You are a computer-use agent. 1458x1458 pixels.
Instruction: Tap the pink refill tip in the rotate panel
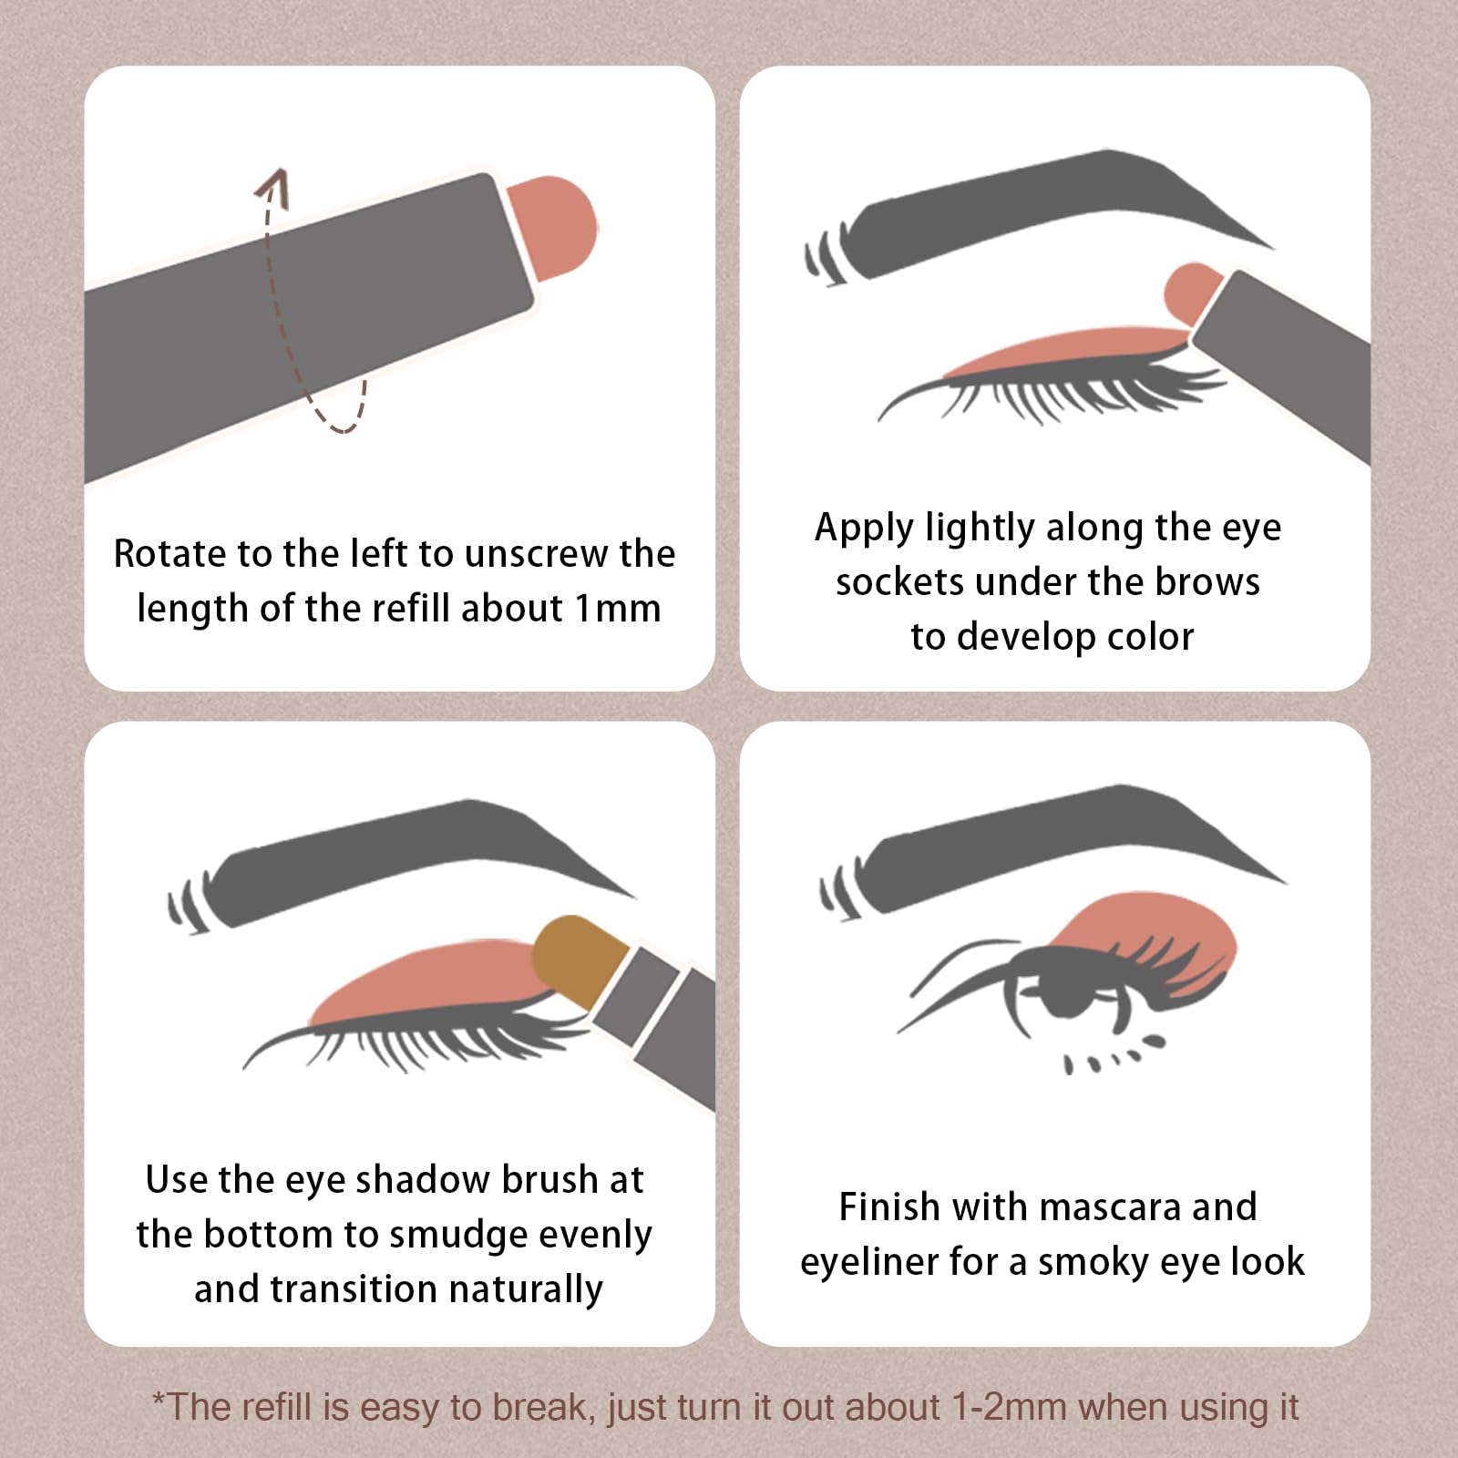553,227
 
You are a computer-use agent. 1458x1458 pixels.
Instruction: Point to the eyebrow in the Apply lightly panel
1039,214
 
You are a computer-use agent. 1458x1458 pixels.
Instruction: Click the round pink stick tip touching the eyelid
1194,294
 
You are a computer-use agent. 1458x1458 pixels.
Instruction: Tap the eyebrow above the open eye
1052,857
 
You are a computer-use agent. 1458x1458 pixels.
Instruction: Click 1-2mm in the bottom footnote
1009,1407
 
